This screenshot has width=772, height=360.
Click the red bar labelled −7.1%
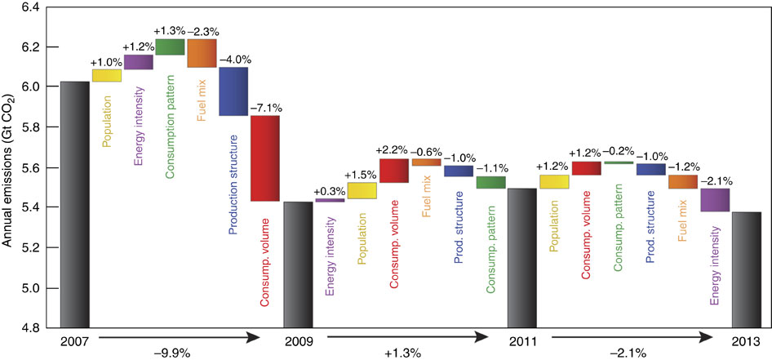pos(265,158)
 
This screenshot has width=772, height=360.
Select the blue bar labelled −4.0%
pos(233,91)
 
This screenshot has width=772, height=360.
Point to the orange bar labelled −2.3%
pos(202,53)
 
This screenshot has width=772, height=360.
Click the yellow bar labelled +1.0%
pos(107,75)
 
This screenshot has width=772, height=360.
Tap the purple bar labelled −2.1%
pos(715,200)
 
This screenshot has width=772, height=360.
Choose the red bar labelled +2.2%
pos(393,171)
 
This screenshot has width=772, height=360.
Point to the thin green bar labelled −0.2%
pos(619,162)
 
